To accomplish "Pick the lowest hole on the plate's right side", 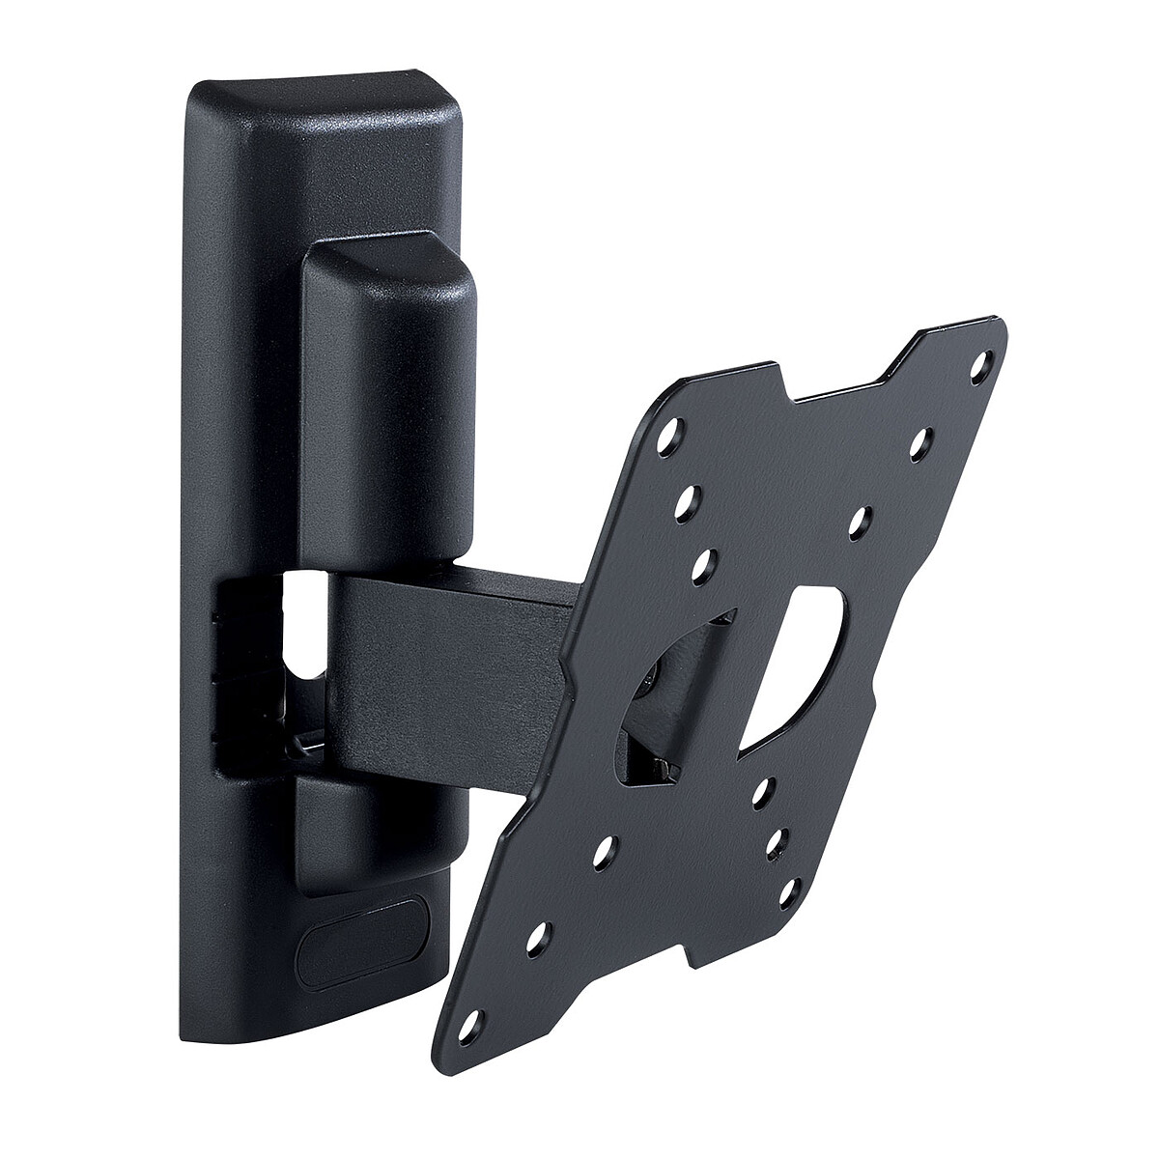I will pyautogui.click(x=794, y=884).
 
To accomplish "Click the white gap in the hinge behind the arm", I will pyautogui.click(x=298, y=628).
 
